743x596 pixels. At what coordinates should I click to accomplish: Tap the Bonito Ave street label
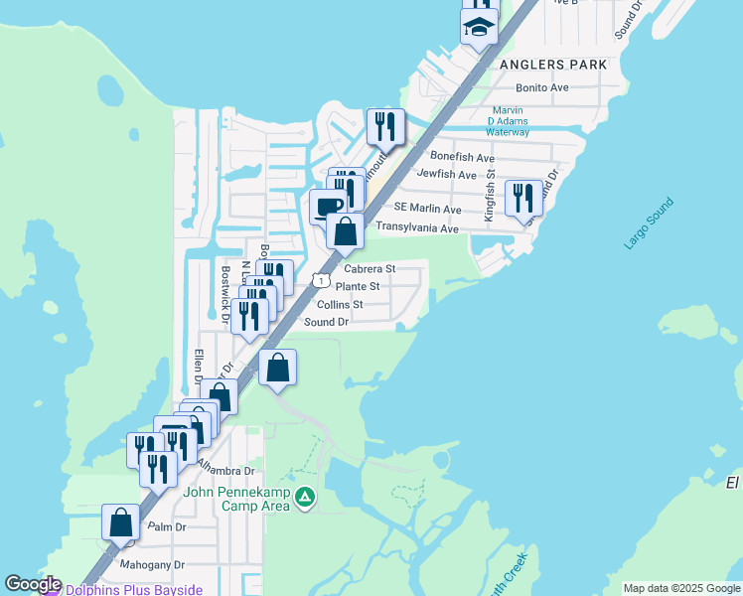541,87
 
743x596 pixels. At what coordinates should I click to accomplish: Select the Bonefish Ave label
462,157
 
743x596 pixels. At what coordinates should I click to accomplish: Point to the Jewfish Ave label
447,174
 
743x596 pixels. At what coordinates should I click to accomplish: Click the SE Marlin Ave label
427,210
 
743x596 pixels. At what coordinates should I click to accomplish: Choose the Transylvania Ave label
416,227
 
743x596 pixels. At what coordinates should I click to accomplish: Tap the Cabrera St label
370,268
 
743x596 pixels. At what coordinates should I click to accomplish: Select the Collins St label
340,304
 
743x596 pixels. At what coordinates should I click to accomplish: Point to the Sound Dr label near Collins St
326,322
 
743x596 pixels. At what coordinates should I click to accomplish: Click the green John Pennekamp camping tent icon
306,497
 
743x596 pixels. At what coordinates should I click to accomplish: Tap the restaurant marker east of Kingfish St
522,197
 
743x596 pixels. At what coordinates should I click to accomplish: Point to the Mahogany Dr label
152,564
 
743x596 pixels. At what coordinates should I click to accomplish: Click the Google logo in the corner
33,584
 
